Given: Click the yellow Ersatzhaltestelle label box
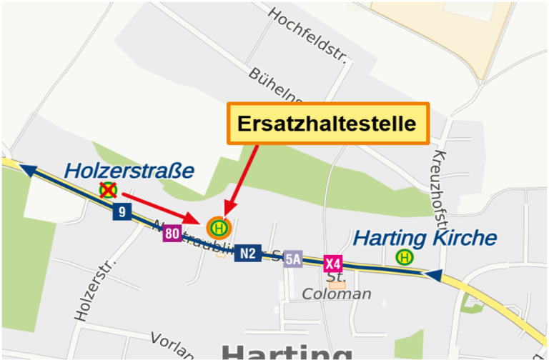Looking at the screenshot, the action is point(327,124).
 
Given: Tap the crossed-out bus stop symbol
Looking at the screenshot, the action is point(108,190).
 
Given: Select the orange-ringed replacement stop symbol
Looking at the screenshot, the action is point(219,228).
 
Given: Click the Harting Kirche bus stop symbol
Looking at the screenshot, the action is point(405,256).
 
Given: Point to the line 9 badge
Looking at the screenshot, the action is point(122,211).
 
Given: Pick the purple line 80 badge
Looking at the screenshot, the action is point(172,233).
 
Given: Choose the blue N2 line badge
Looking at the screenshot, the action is point(248,252).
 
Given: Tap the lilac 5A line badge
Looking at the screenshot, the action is point(292,259).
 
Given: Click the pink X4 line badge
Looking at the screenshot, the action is point(332,264).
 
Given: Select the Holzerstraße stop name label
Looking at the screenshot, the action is point(129,171).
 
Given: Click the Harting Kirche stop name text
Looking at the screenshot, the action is point(425,237).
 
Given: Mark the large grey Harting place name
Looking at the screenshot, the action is point(286,351).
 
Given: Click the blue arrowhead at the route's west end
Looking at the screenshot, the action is point(28,170).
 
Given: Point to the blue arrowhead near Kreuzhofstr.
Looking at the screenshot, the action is point(432,274).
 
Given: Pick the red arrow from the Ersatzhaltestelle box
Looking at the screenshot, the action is point(242,179).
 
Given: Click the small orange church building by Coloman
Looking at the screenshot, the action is point(337,284).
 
